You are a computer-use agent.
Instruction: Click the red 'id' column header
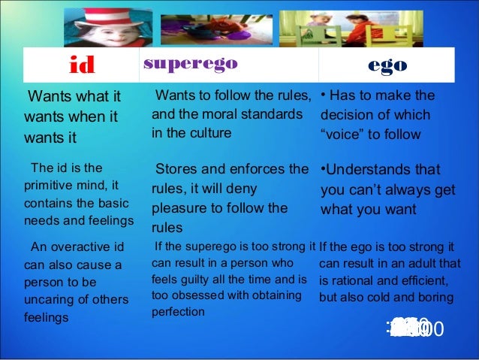point(82,65)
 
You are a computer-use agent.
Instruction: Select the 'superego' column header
point(190,64)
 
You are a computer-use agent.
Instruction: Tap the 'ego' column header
point(387,65)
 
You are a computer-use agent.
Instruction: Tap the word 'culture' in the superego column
point(208,132)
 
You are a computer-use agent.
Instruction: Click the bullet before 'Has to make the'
point(323,95)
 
